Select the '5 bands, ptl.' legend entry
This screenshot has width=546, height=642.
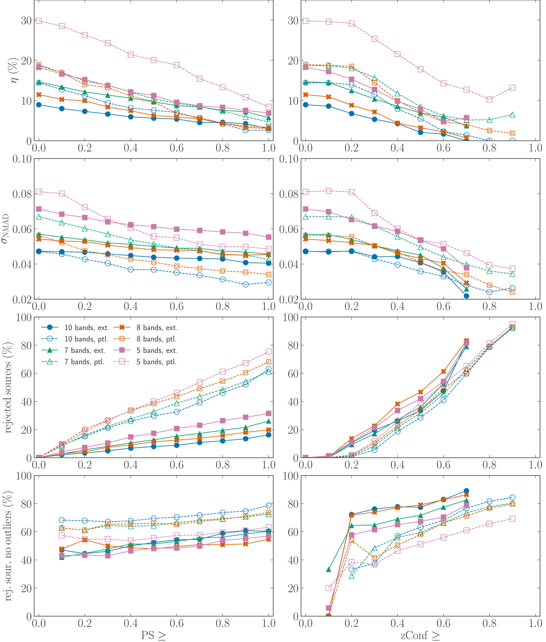[x=158, y=362]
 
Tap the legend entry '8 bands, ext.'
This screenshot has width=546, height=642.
[x=158, y=327]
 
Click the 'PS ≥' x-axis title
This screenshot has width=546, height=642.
[x=153, y=635]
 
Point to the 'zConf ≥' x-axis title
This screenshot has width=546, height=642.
[x=420, y=635]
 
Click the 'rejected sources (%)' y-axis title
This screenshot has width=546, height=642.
[x=9, y=387]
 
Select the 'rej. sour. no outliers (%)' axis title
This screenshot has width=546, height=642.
[x=9, y=546]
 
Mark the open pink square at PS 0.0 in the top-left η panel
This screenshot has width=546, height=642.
[x=39, y=21]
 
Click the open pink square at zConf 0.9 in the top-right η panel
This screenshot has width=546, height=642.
[x=513, y=87]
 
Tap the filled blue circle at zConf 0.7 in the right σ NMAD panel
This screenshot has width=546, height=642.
[x=466, y=296]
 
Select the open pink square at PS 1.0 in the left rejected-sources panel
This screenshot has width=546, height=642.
[x=268, y=351]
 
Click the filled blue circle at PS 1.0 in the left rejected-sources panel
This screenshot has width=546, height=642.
[x=268, y=435]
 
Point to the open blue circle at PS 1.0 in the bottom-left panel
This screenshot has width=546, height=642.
[x=268, y=506]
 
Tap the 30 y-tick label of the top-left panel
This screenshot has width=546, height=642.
[x=25, y=21]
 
